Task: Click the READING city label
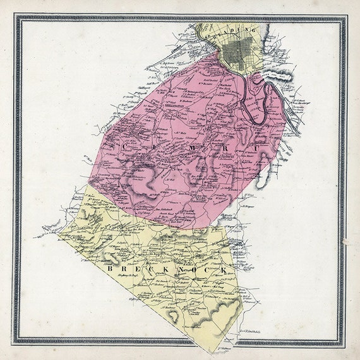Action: point(239,31)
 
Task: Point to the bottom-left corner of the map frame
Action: point(16,345)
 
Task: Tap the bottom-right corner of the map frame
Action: point(345,345)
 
